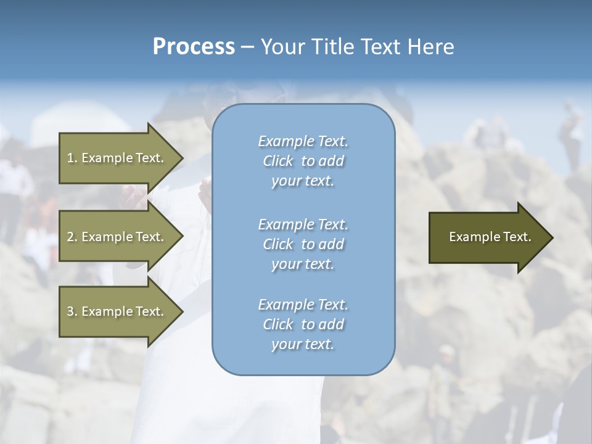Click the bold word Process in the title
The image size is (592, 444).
click(x=194, y=47)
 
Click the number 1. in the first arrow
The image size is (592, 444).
click(x=72, y=158)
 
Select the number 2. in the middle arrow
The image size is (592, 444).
click(x=72, y=237)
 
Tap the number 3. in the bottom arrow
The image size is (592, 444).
click(x=72, y=311)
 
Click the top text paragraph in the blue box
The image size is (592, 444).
click(x=303, y=161)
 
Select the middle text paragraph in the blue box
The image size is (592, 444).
click(x=303, y=244)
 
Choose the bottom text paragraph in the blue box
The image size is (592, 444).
click(x=303, y=324)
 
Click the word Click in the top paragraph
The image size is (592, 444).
click(x=278, y=161)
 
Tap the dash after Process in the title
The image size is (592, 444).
click(x=247, y=47)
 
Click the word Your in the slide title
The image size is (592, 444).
click(x=282, y=47)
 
